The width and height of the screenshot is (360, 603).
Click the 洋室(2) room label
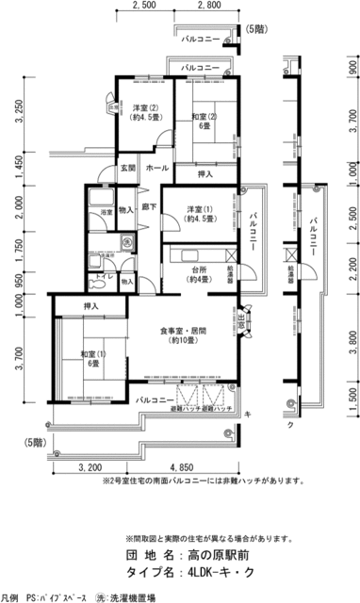pos(144,107)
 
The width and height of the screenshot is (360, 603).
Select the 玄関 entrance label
pos(127,169)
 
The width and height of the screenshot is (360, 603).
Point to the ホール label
pos(157,169)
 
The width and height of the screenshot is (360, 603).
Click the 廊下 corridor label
pos(148,204)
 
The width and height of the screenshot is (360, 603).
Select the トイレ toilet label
pos(101,279)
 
